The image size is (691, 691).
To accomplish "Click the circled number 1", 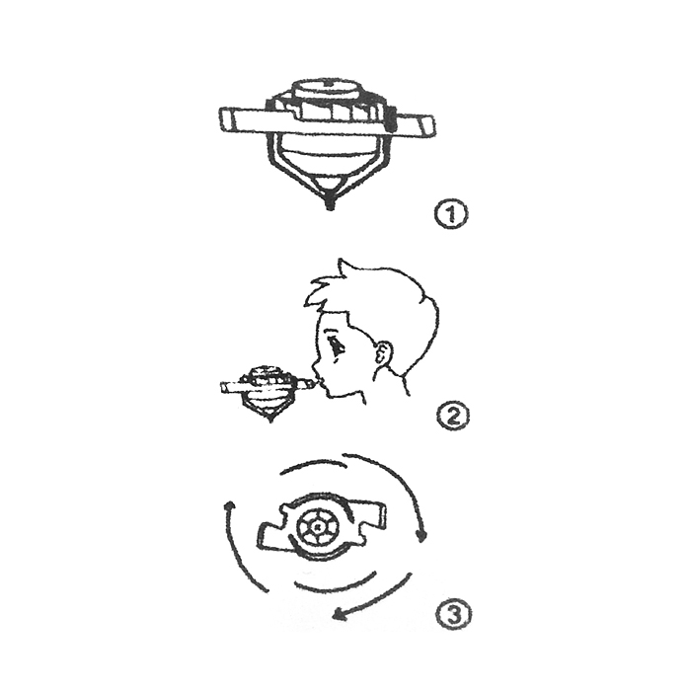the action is coord(450,214).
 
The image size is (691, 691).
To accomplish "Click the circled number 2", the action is coord(453,416).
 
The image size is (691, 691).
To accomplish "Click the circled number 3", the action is coord(454,614).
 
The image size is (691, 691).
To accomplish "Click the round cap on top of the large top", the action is coord(327,90).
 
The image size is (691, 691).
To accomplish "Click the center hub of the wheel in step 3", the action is coord(316,526).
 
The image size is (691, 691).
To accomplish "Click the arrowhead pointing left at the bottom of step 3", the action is coord(338,614).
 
